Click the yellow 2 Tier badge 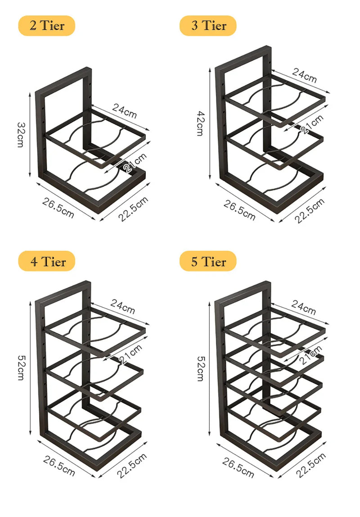pos(46,26)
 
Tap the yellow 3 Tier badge pos(208,26)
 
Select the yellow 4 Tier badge pos(46,261)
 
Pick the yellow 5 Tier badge pos(208,261)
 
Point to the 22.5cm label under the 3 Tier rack pos(310,210)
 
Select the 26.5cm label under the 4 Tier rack pos(59,466)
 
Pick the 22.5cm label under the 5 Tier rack pos(310,466)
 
